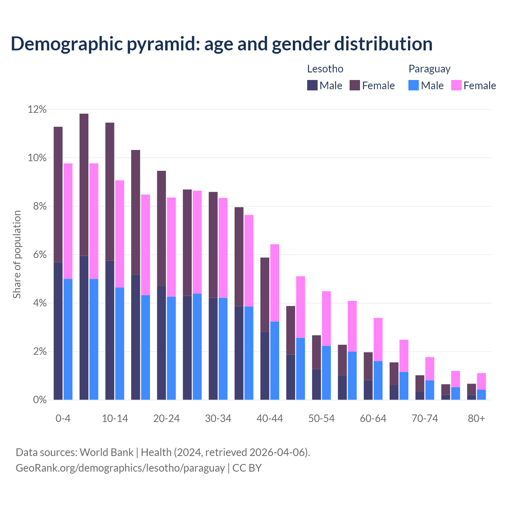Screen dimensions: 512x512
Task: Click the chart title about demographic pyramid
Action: point(222,44)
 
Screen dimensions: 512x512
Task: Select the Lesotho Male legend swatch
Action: point(312,85)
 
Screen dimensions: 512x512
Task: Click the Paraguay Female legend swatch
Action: point(456,85)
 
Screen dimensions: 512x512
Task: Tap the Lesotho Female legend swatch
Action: point(355,85)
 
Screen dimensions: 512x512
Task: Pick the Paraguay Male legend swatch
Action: point(414,85)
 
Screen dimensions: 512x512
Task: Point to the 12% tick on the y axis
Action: point(37,109)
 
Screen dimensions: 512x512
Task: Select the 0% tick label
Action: point(39,400)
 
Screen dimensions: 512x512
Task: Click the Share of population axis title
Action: point(17,254)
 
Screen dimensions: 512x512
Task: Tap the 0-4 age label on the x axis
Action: point(63,418)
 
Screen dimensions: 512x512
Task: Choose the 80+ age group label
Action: point(476,418)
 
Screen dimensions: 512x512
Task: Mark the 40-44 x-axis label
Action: point(270,418)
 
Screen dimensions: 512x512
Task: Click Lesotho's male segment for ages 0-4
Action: point(58,331)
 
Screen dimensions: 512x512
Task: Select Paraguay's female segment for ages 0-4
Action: point(68,221)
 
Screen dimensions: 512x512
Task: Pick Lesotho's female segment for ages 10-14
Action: point(110,192)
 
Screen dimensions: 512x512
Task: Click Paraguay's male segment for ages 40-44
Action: point(275,360)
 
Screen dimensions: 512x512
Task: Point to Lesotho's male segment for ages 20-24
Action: point(161,342)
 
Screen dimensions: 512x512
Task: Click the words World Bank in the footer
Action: point(106,452)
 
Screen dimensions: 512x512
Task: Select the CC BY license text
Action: point(247,468)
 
